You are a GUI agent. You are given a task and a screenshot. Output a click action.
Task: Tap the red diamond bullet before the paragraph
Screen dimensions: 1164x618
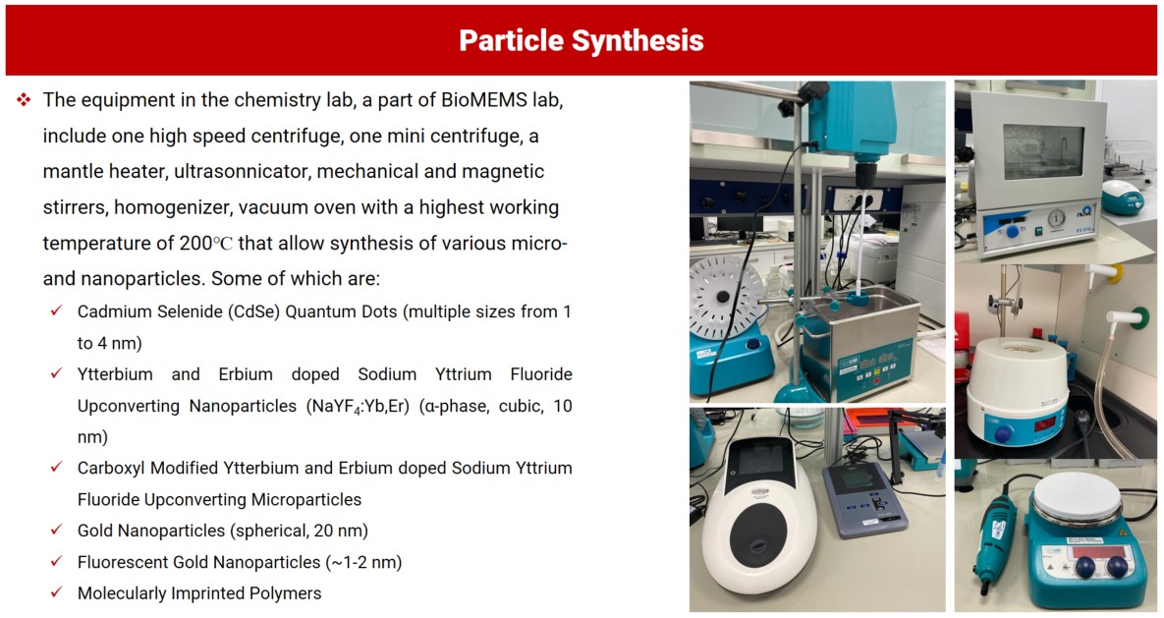(24, 99)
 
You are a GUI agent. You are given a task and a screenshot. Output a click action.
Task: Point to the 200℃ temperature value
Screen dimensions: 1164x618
(205, 243)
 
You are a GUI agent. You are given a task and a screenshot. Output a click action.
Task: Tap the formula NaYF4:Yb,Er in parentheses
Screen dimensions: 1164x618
(359, 407)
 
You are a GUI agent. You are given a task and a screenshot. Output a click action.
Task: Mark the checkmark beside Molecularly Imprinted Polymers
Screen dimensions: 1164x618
(56, 592)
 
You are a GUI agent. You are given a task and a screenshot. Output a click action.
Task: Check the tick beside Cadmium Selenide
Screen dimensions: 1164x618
(56, 310)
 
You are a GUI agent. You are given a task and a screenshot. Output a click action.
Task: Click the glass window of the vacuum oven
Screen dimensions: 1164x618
(1043, 152)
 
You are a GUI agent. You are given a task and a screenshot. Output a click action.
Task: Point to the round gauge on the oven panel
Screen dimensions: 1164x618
(1056, 218)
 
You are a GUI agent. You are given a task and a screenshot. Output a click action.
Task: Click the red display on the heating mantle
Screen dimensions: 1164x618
(1044, 424)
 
